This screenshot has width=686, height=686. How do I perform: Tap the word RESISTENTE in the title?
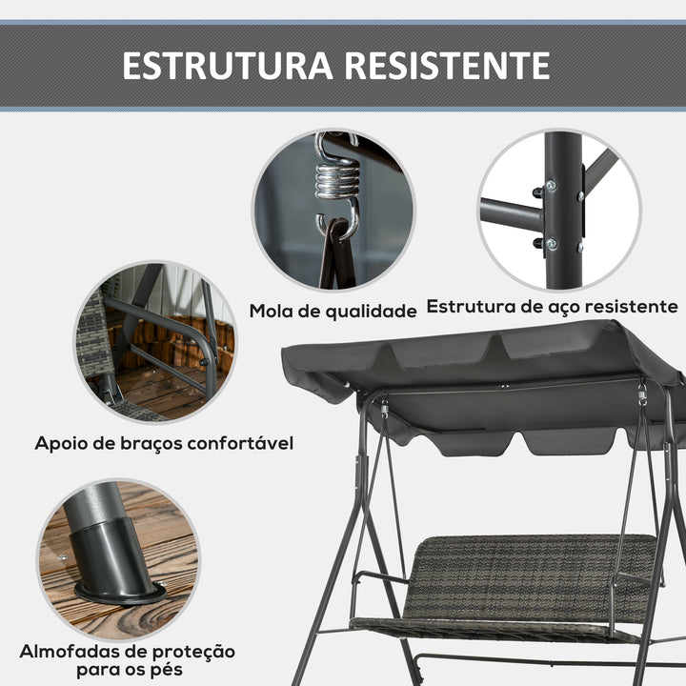pos(446,66)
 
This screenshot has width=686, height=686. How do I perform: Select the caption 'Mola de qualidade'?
pos(333,311)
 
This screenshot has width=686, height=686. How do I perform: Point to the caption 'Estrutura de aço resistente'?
pos(553,307)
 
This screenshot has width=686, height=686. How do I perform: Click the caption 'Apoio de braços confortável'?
pos(164,443)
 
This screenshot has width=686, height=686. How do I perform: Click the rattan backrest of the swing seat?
pos(534,572)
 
